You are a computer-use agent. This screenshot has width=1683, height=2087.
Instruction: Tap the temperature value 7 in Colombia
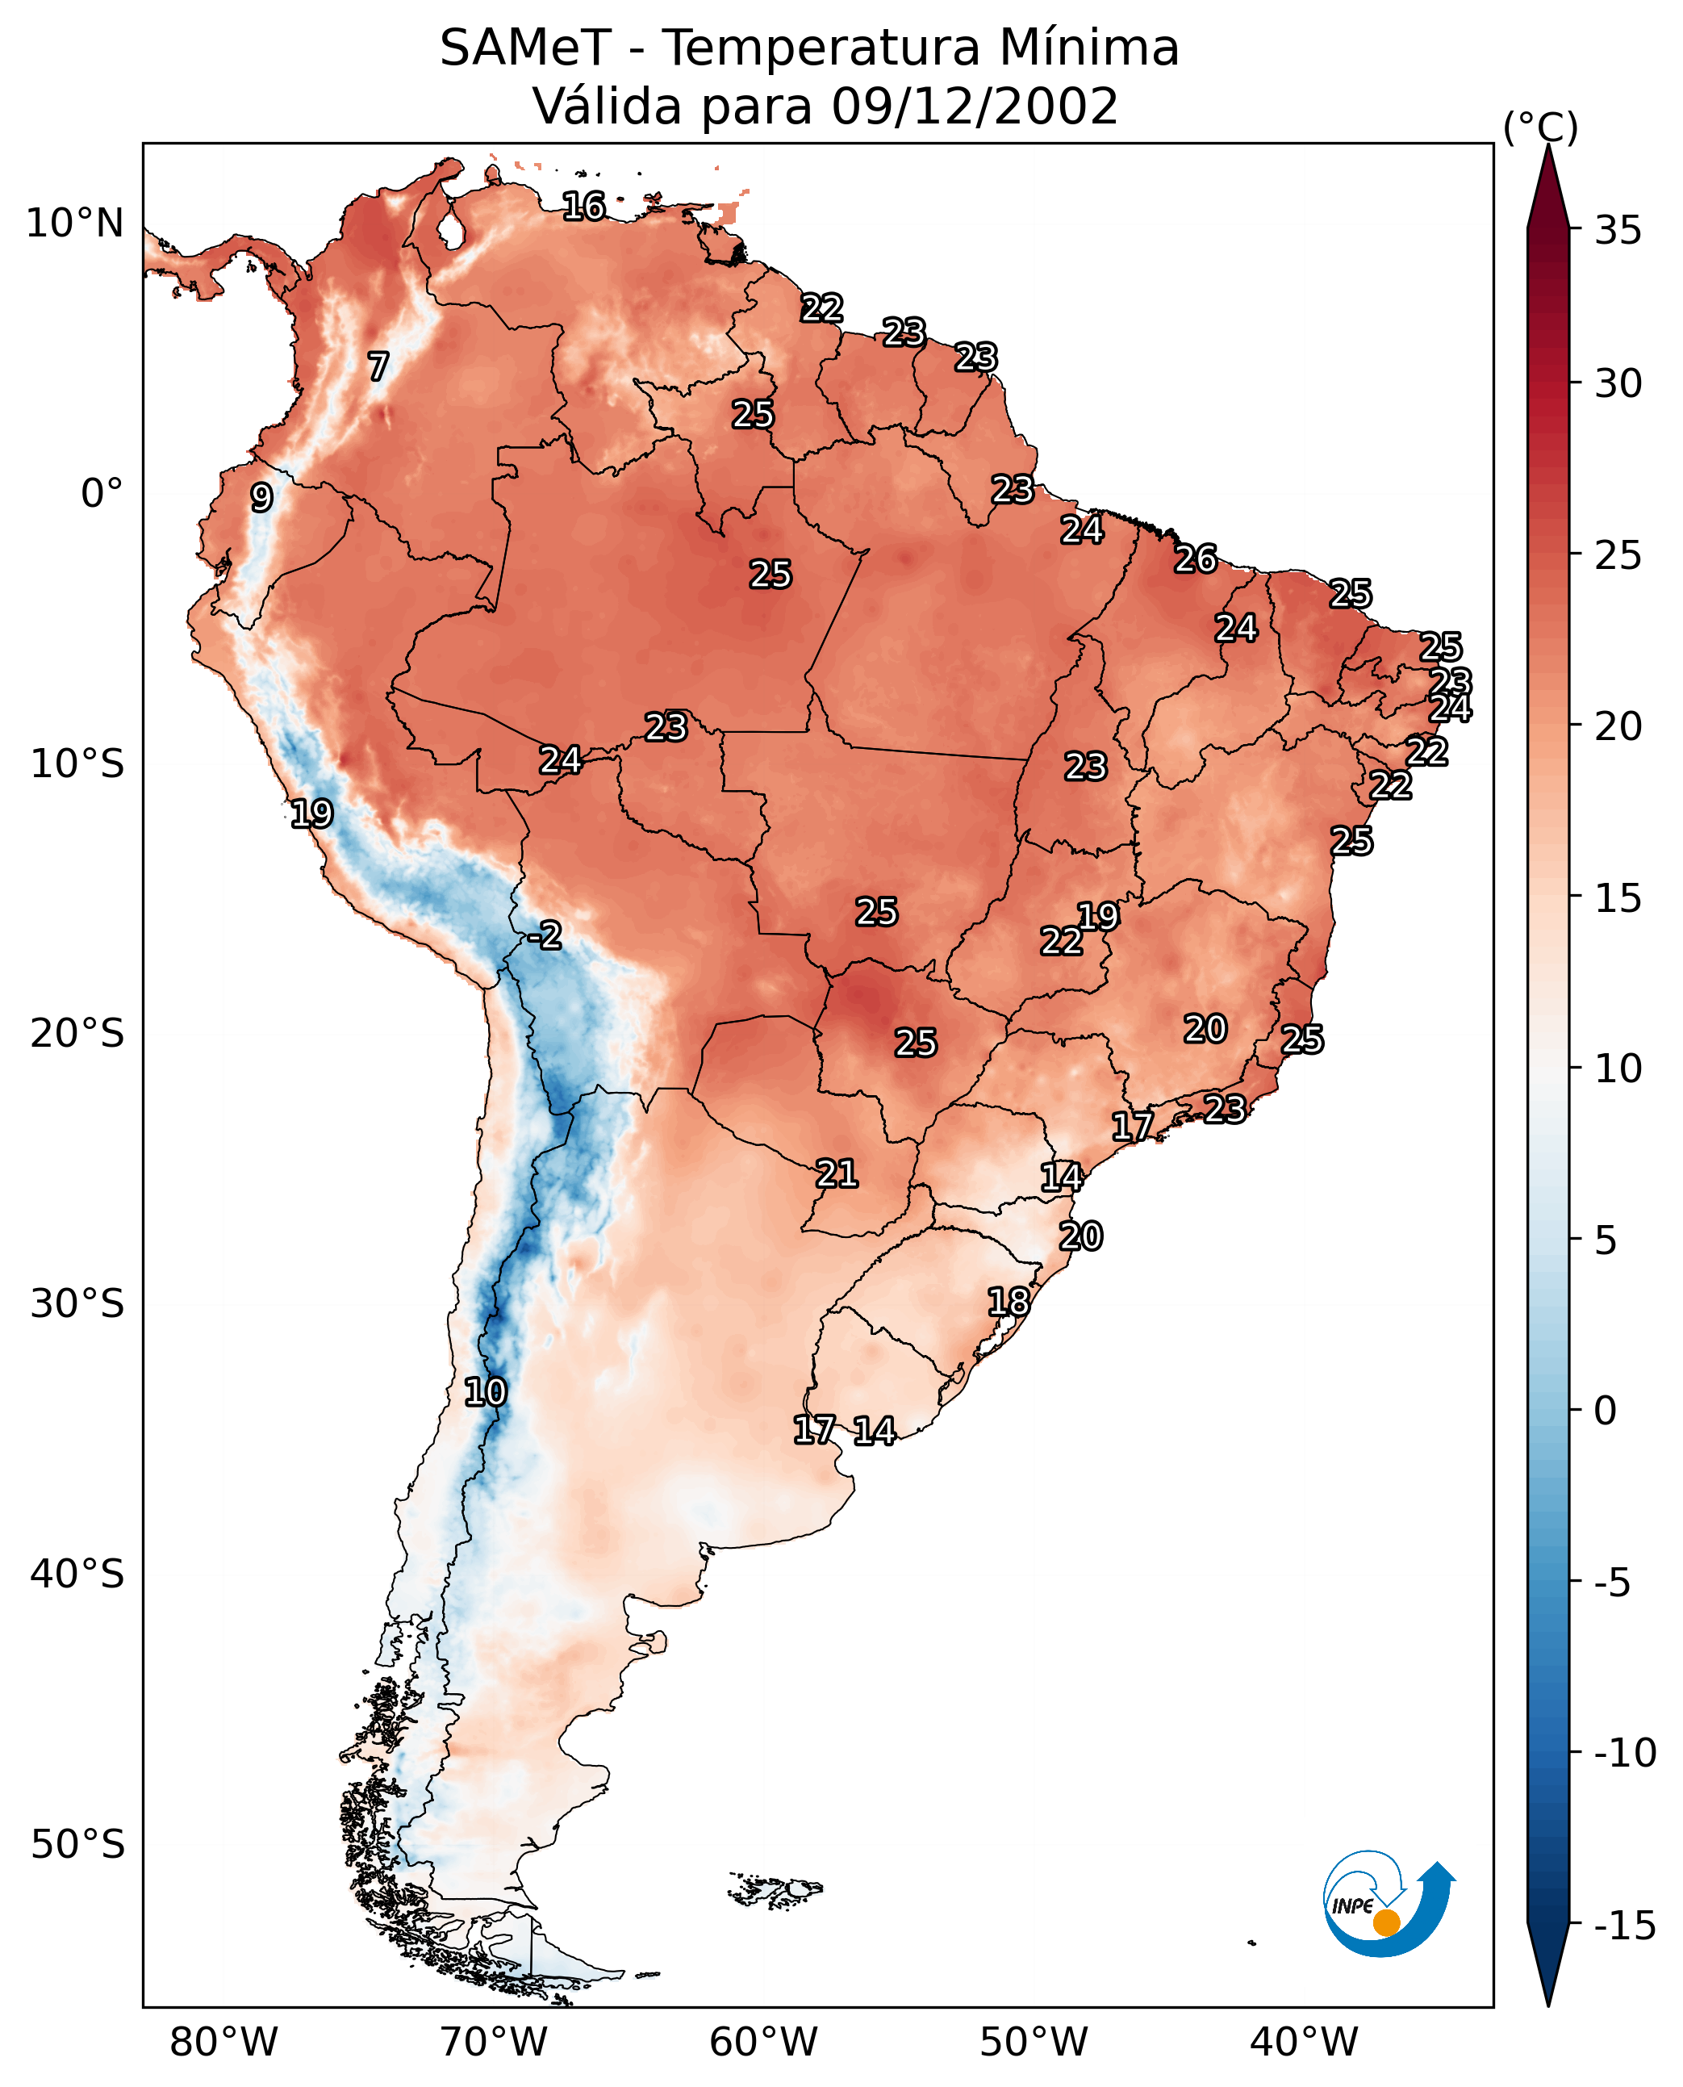tap(378, 366)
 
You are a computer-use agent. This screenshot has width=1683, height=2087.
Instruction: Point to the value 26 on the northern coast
tap(1196, 558)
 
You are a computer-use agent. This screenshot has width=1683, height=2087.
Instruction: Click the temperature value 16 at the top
tap(583, 206)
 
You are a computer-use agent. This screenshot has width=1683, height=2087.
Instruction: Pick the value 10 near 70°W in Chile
tap(485, 1393)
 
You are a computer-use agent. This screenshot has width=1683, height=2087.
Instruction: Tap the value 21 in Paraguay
tap(837, 1173)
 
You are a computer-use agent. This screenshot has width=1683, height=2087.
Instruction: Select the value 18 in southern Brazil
tap(1009, 1302)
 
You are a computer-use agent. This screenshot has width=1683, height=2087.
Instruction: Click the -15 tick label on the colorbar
tap(1625, 1926)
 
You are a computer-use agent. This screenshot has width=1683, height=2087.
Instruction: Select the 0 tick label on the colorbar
tap(1606, 1411)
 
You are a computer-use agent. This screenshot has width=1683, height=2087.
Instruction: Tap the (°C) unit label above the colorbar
tap(1540, 127)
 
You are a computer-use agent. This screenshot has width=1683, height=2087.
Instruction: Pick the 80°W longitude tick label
tap(224, 2042)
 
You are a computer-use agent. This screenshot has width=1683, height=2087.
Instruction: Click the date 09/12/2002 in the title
tap(975, 105)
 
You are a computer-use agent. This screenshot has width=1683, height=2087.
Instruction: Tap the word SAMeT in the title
tap(524, 48)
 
